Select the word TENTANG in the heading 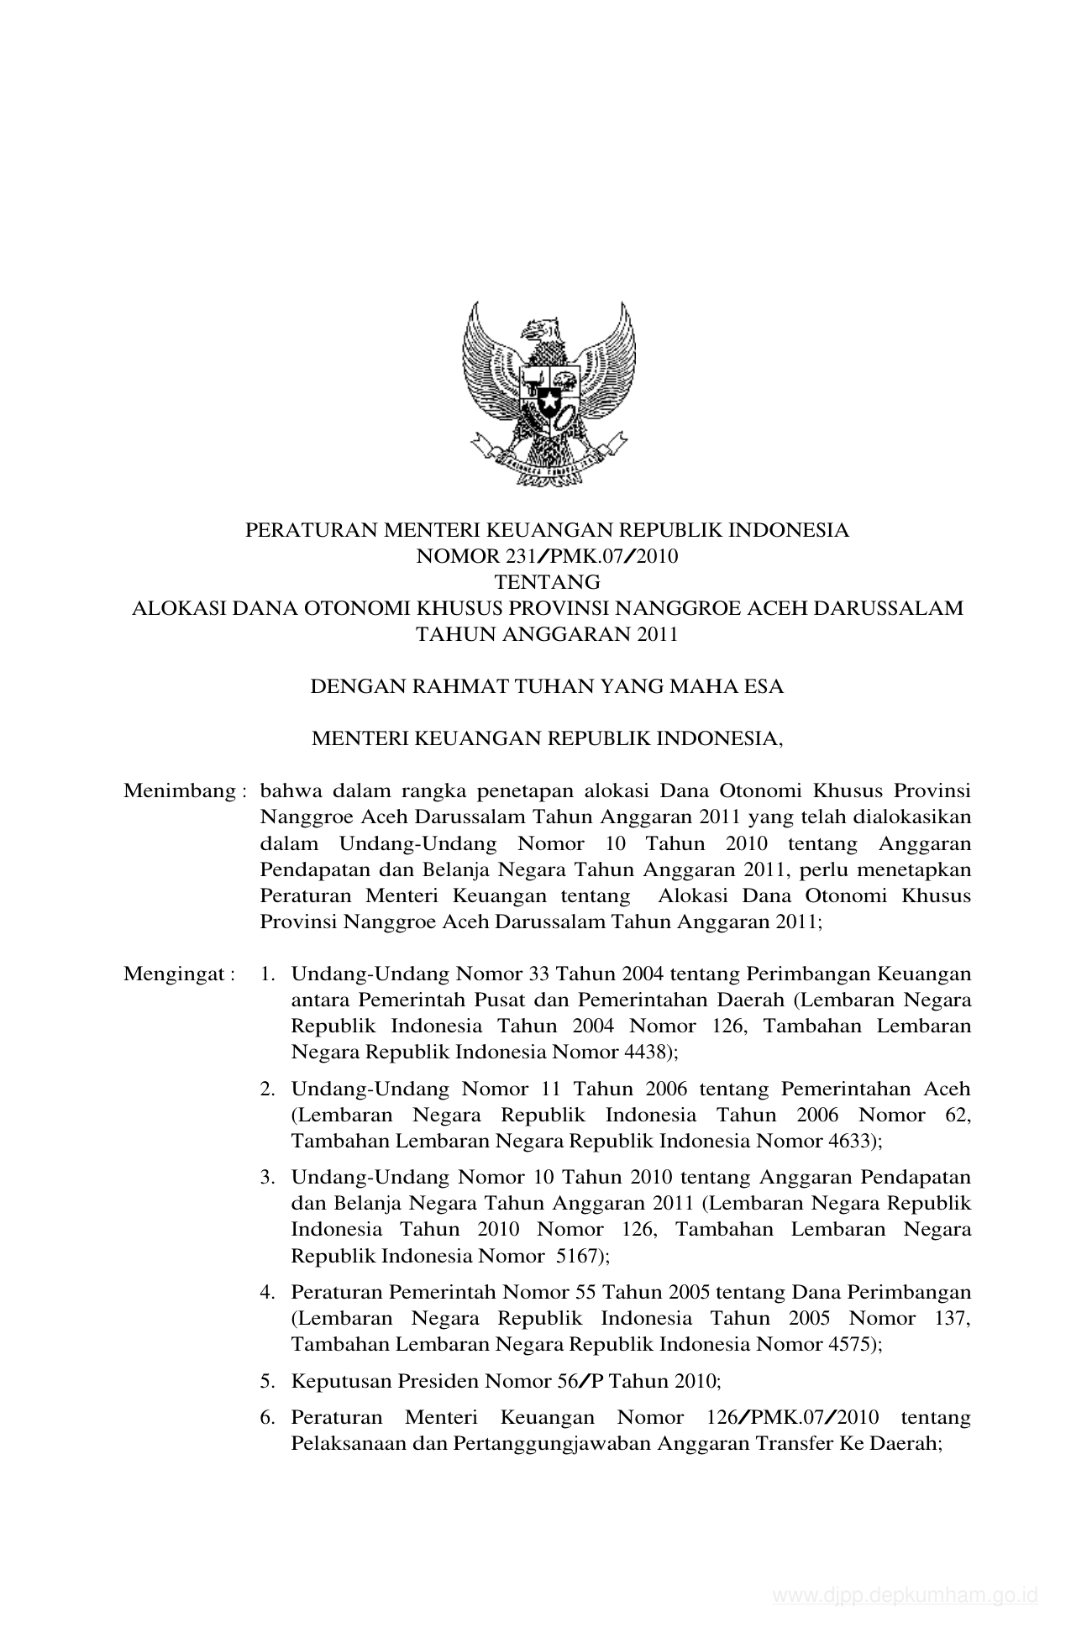[547, 581]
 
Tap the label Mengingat [174, 974]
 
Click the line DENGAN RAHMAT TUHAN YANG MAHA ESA [547, 686]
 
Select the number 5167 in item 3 [576, 1256]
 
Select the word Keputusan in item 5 [331, 1381]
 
